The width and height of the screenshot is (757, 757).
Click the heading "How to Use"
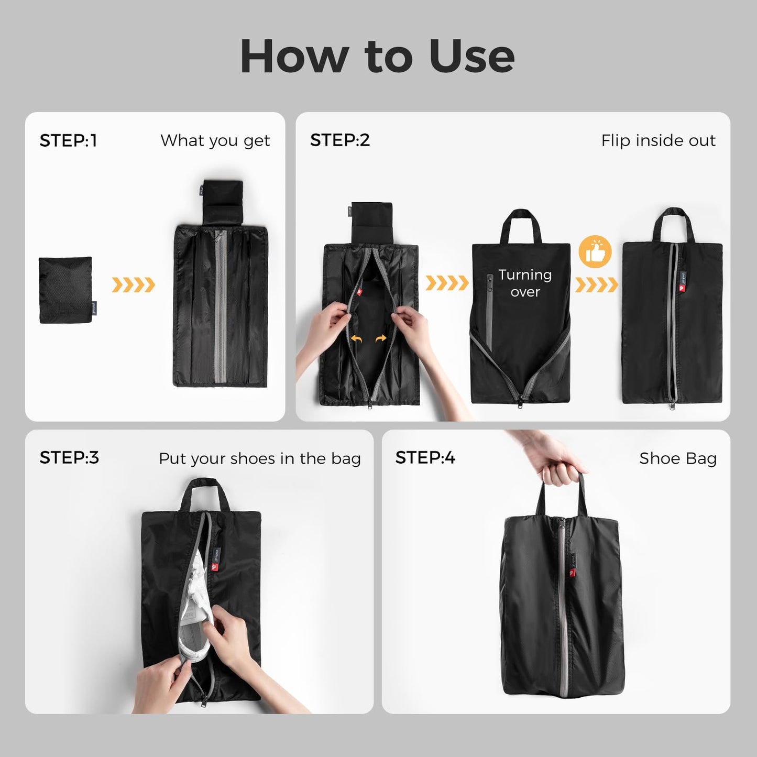[x=377, y=57]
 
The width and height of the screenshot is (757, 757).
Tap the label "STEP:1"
[x=68, y=140]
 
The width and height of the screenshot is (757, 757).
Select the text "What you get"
[x=215, y=140]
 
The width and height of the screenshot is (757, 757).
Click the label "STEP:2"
[x=340, y=140]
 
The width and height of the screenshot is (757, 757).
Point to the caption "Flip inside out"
[x=658, y=140]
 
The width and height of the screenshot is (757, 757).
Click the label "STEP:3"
[x=69, y=457]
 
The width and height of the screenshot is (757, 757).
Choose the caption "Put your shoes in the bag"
[x=259, y=458]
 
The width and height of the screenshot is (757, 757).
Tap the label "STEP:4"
[x=425, y=457]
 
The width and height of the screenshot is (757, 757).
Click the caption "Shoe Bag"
[x=677, y=458]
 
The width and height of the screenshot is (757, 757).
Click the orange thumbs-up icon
[x=595, y=252]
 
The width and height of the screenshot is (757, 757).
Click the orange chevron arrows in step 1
[x=133, y=285]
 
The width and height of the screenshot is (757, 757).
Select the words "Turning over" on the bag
[x=525, y=283]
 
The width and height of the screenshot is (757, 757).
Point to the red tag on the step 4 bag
[x=573, y=573]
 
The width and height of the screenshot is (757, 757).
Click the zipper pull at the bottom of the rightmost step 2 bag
[x=672, y=405]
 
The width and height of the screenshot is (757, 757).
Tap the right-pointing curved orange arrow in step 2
[x=381, y=339]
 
